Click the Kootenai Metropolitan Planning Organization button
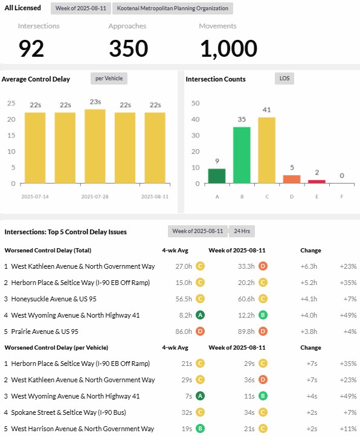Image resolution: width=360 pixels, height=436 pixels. [x=173, y=8]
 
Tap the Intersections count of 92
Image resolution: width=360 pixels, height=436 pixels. [x=31, y=48]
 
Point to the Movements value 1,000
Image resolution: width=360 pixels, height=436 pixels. [x=228, y=49]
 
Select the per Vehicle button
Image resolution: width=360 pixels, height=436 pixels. [x=109, y=79]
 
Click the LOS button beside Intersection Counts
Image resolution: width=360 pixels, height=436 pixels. [x=284, y=79]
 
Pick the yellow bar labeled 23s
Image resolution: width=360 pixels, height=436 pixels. [x=95, y=146]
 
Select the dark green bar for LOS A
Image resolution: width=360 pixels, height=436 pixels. [x=217, y=176]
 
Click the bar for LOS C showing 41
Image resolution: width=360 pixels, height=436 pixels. [x=267, y=150]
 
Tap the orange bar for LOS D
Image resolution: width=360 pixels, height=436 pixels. [x=292, y=179]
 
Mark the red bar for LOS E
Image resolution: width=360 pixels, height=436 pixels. [x=317, y=182]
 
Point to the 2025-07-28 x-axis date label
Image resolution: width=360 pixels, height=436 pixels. [x=95, y=197]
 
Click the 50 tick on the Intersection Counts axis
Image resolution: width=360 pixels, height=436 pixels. [x=196, y=103]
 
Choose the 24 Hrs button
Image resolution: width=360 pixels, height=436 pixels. [x=242, y=231]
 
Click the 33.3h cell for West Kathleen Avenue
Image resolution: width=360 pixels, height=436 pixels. [x=246, y=266]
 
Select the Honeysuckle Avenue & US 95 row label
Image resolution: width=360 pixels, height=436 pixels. [x=54, y=299]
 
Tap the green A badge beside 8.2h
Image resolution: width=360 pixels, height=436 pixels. [x=200, y=315]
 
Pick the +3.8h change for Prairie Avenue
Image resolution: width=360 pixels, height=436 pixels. [x=309, y=332]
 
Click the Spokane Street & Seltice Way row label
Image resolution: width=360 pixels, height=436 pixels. [x=68, y=412]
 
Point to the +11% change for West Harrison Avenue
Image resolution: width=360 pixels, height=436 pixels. [x=348, y=429]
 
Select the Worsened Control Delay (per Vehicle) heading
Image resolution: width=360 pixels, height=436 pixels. [x=56, y=348]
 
